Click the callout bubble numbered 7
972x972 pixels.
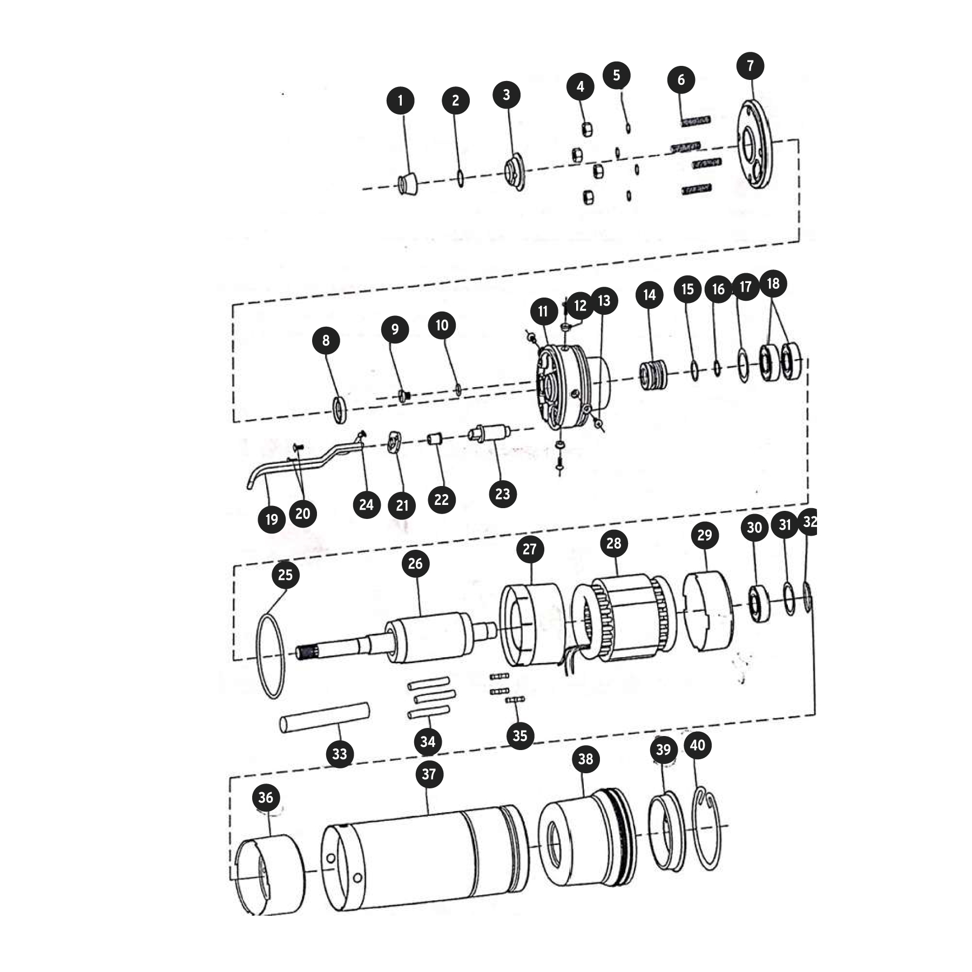tap(750, 66)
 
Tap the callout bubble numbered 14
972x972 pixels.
tap(649, 295)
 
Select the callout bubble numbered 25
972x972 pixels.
tap(285, 575)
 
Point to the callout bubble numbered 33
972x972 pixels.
tap(340, 753)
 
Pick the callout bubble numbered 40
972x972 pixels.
tap(698, 745)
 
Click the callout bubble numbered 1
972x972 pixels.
tap(400, 100)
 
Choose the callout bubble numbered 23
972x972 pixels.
tap(502, 494)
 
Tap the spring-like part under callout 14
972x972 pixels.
tap(653, 374)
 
